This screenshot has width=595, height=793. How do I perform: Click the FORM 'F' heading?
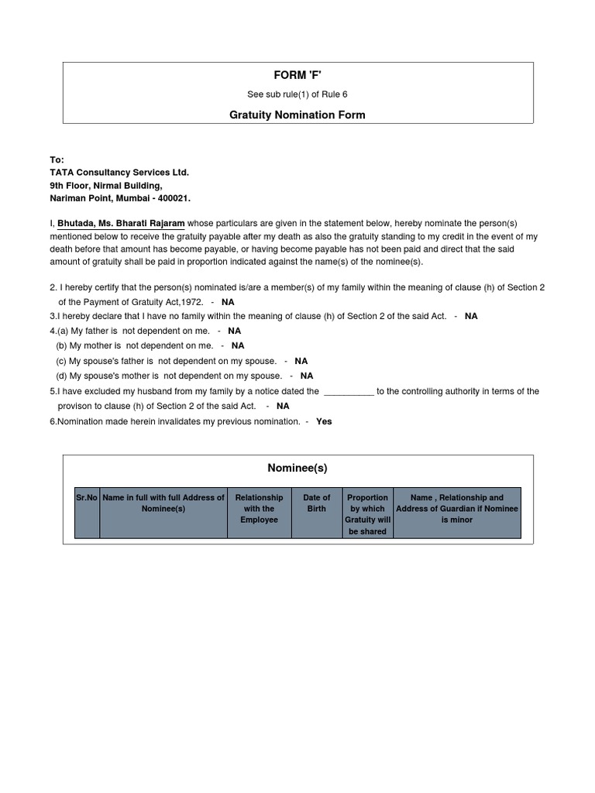pyautogui.click(x=297, y=75)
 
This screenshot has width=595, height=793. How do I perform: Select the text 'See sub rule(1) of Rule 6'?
pyautogui.click(x=297, y=94)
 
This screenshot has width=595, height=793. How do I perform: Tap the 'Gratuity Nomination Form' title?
pyautogui.click(x=297, y=115)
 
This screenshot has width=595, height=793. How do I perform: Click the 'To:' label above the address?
pyautogui.click(x=57, y=160)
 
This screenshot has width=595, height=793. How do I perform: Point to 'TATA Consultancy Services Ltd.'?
pyautogui.click(x=119, y=173)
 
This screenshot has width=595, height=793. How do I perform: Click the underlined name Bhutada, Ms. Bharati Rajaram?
pyautogui.click(x=121, y=223)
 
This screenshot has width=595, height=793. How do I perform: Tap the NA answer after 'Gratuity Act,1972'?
pyautogui.click(x=228, y=302)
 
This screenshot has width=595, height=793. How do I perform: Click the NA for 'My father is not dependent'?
pyautogui.click(x=234, y=331)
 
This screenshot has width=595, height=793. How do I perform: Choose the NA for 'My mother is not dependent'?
pyautogui.click(x=237, y=345)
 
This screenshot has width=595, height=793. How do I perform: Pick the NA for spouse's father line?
pyautogui.click(x=301, y=361)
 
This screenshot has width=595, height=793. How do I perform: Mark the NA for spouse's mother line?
pyautogui.click(x=307, y=376)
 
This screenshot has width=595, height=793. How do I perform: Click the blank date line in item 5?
pyautogui.click(x=349, y=392)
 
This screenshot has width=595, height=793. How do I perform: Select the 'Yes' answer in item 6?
pyautogui.click(x=324, y=421)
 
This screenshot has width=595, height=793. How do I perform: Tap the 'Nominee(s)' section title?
pyautogui.click(x=297, y=468)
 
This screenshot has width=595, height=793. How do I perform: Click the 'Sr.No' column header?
pyautogui.click(x=87, y=498)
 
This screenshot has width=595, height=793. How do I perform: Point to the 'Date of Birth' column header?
pyautogui.click(x=316, y=503)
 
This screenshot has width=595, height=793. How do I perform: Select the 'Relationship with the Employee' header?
pyautogui.click(x=259, y=509)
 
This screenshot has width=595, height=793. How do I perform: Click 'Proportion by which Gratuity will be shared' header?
pyautogui.click(x=367, y=514)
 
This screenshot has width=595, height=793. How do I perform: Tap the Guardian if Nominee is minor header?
pyautogui.click(x=456, y=509)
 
